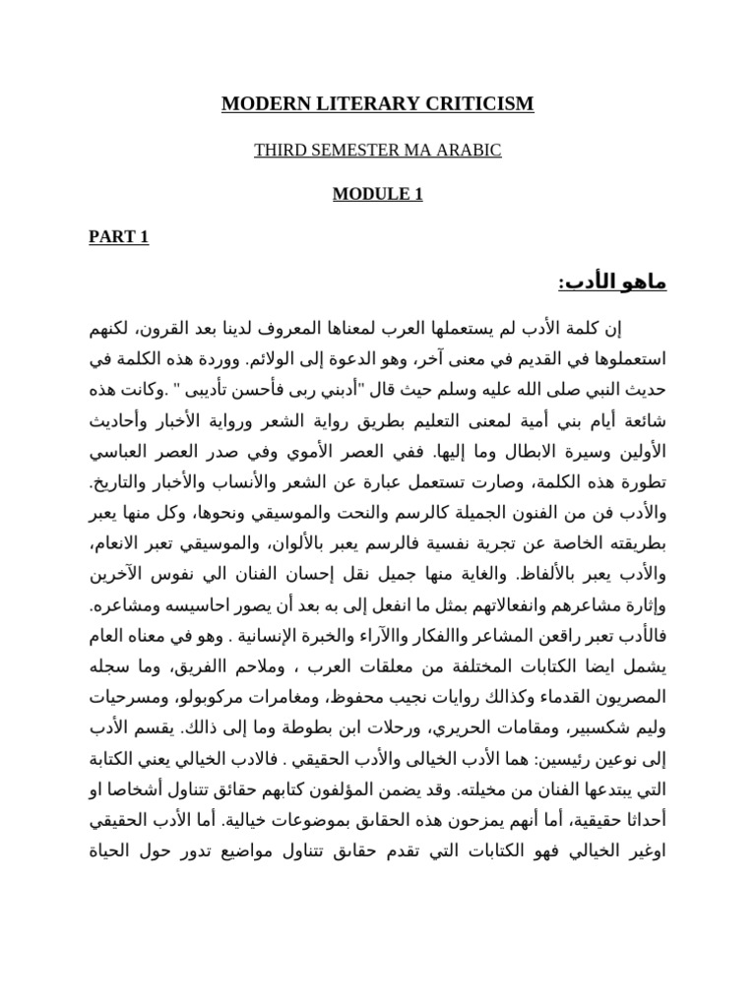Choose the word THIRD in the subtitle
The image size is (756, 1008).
point(276,150)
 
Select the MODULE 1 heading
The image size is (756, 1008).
point(377,194)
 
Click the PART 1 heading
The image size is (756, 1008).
point(118,237)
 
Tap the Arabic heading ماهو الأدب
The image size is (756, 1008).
point(612,283)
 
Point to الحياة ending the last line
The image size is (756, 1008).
point(115,850)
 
